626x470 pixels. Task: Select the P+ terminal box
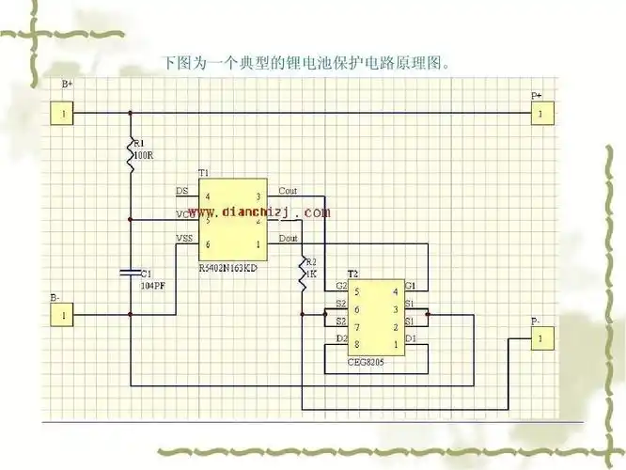pyautogui.click(x=540, y=114)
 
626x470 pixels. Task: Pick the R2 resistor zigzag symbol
pyautogui.click(x=302, y=273)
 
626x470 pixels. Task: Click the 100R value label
pyautogui.click(x=144, y=155)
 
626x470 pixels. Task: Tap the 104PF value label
pyautogui.click(x=153, y=285)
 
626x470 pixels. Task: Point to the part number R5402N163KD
pyautogui.click(x=228, y=269)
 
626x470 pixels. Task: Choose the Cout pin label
pyautogui.click(x=288, y=191)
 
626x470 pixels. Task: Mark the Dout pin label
pyautogui.click(x=288, y=238)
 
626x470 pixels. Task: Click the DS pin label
pyautogui.click(x=181, y=191)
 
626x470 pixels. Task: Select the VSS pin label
pyautogui.click(x=184, y=238)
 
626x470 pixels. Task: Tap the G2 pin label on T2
pyautogui.click(x=341, y=285)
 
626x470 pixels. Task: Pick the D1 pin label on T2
pyautogui.click(x=411, y=337)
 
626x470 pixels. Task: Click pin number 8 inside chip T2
pyautogui.click(x=356, y=345)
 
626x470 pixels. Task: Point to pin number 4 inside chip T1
pyautogui.click(x=207, y=197)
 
